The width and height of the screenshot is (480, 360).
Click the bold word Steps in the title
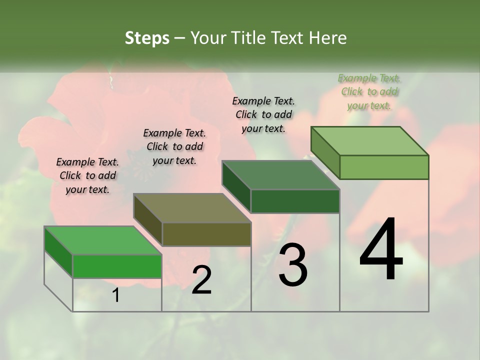[x=147, y=38]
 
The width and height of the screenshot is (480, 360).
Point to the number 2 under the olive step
[x=201, y=280]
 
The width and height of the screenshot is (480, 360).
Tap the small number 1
[x=116, y=295]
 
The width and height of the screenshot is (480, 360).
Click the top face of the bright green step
[x=103, y=240]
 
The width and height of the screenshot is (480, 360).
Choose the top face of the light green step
[x=370, y=141]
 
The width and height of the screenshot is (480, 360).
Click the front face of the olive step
[x=206, y=234]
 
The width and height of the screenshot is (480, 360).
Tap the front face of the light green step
[x=384, y=167]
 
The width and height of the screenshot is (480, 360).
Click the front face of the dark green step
[x=295, y=201]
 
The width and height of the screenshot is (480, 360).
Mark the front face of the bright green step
[x=117, y=266]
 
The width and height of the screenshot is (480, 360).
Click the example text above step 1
[x=87, y=175]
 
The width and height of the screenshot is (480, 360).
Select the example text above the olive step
[x=174, y=146]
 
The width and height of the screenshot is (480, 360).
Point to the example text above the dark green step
[x=263, y=114]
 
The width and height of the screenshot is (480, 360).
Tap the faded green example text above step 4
[x=369, y=91]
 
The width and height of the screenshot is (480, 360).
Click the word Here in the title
[x=328, y=38]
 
